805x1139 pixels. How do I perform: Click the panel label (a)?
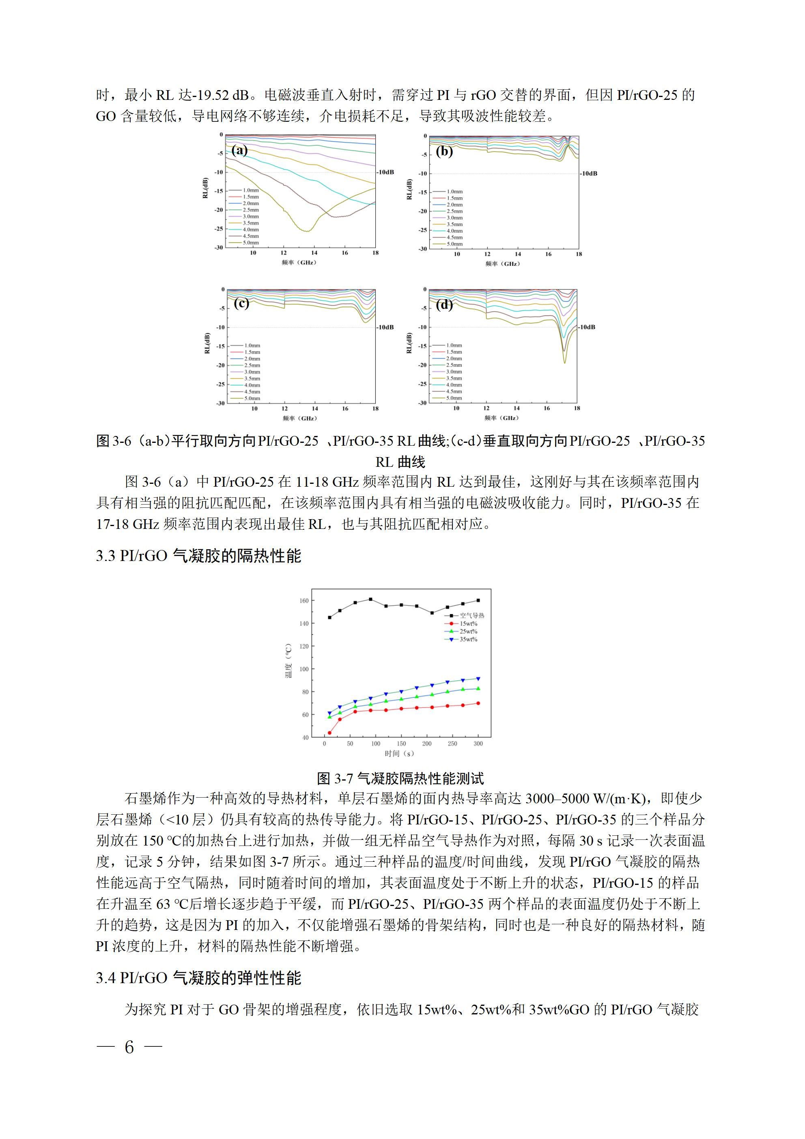pyautogui.click(x=239, y=150)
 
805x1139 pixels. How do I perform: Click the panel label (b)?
pyautogui.click(x=444, y=151)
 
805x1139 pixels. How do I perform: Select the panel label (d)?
pyautogui.click(x=444, y=304)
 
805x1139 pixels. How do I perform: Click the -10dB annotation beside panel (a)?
pyautogui.click(x=385, y=172)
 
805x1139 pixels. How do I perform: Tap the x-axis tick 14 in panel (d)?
pyautogui.click(x=517, y=408)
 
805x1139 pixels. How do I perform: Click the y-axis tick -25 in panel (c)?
pyautogui.click(x=220, y=384)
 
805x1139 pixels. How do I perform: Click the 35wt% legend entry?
pyautogui.click(x=468, y=639)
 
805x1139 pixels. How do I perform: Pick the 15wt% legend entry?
pyautogui.click(x=468, y=623)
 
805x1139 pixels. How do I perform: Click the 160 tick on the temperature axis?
pyautogui.click(x=303, y=600)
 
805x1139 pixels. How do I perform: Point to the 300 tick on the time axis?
pyautogui.click(x=478, y=744)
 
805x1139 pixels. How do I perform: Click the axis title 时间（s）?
pyautogui.click(x=399, y=753)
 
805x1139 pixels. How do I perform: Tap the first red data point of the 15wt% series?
pyautogui.click(x=329, y=733)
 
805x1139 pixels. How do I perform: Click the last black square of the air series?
pyautogui.click(x=478, y=600)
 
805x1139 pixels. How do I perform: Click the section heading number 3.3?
pyautogui.click(x=105, y=556)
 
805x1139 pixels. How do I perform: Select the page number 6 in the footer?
pyautogui.click(x=129, y=1047)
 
